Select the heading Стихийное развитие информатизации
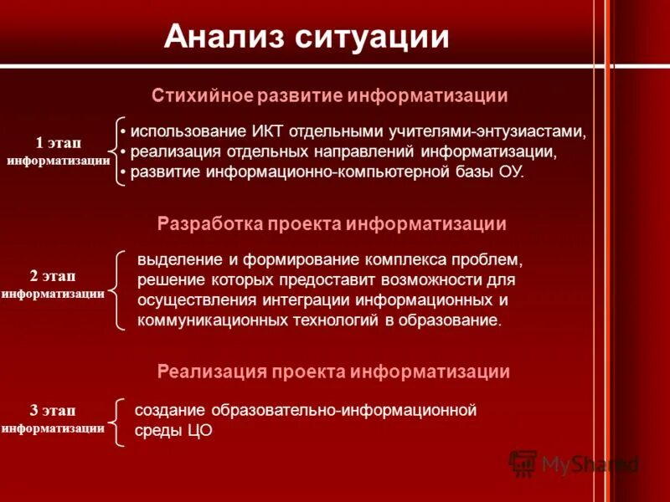click(x=330, y=95)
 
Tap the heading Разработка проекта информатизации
click(x=332, y=223)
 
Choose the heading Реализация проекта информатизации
click(x=333, y=371)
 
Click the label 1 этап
click(x=59, y=143)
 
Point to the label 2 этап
click(x=53, y=276)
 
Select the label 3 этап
click(x=53, y=410)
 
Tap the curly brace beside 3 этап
click(x=118, y=422)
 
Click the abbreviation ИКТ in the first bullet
click(x=270, y=132)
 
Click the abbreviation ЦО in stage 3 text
click(x=201, y=431)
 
